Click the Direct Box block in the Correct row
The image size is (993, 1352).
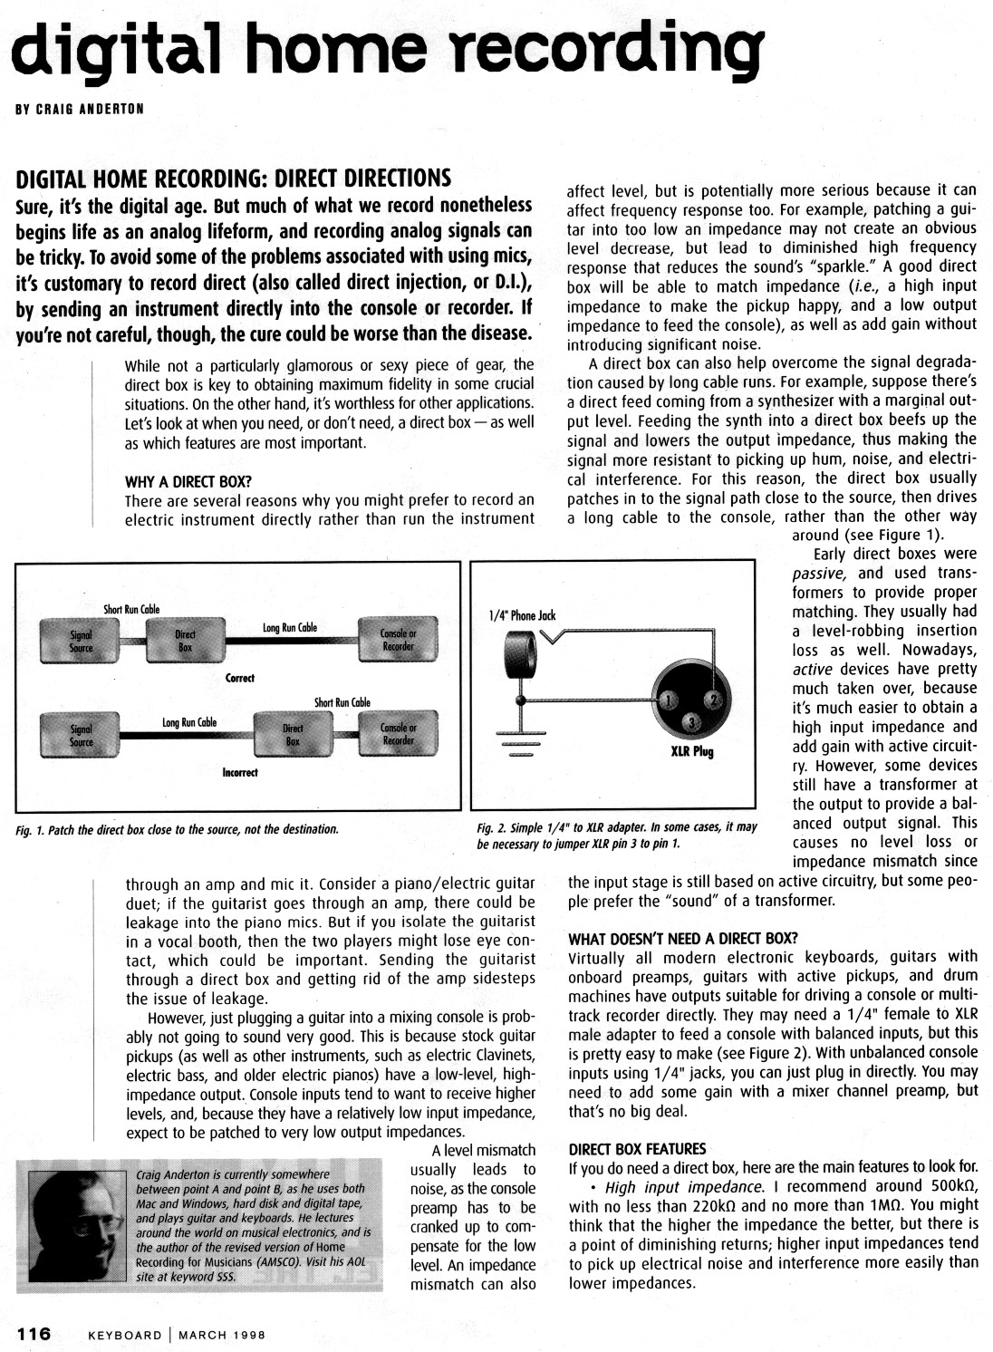pos(184,641)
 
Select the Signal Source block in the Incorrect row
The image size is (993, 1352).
pos(81,735)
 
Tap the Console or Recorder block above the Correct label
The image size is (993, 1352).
pos(398,641)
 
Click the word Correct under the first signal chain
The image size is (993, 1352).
pos(239,678)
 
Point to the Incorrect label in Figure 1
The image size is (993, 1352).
pos(239,772)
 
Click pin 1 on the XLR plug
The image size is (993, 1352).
pos(670,700)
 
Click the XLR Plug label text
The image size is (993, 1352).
pos(691,752)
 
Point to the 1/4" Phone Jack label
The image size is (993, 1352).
pos(521,616)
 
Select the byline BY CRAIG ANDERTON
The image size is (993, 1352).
pos(80,110)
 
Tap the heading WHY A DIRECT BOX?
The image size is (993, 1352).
pos(188,481)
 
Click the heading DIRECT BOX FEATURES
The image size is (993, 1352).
pos(637,1149)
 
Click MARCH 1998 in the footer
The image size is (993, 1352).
pos(216,1334)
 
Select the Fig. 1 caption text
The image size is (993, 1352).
pos(178,829)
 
